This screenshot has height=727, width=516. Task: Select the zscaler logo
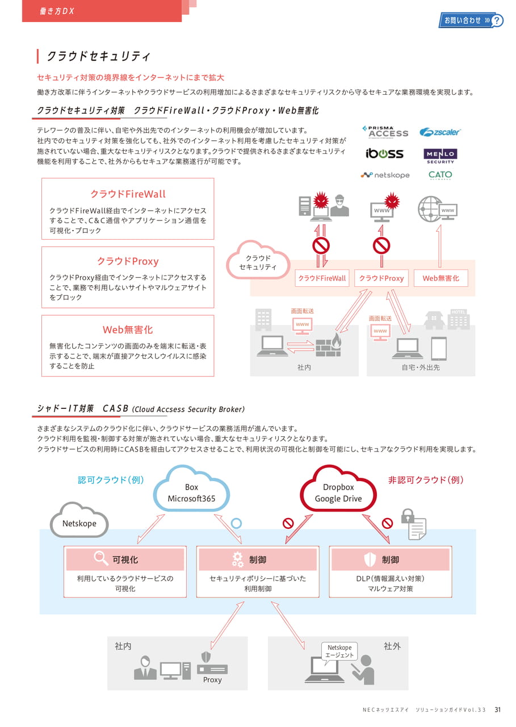tap(439, 132)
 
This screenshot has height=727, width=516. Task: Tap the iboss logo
tap(385, 153)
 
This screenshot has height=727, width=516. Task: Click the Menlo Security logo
tap(440, 156)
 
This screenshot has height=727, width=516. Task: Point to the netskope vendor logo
tap(385, 175)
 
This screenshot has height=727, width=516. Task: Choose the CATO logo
tap(440, 175)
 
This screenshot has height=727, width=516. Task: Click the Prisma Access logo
tap(385, 132)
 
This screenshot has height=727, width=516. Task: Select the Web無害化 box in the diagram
tap(441, 278)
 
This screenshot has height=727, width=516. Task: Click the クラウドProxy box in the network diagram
tap(381, 278)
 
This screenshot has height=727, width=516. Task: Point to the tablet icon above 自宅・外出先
tap(439, 349)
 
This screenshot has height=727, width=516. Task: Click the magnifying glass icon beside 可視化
tap(100, 558)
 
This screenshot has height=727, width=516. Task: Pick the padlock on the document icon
tap(408, 516)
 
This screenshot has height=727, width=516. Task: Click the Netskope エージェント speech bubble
tap(339, 651)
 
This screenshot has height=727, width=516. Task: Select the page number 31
tap(497, 709)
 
